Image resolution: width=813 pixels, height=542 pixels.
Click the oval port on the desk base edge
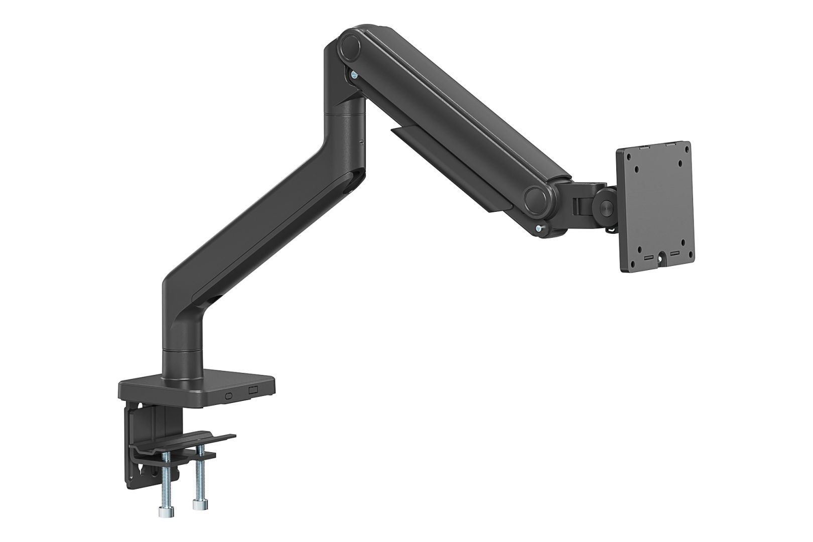pyautogui.click(x=230, y=395)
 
